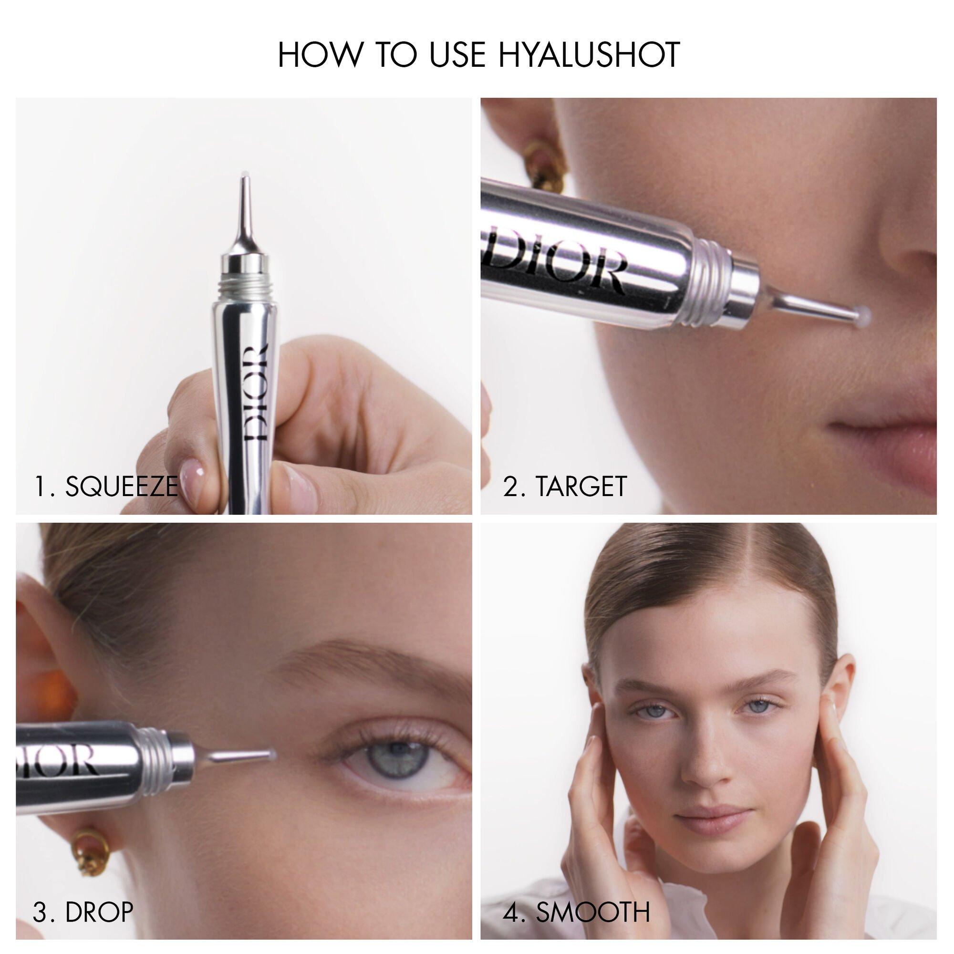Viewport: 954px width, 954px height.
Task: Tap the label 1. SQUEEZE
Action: (105, 487)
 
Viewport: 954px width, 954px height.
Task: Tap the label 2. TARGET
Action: (564, 487)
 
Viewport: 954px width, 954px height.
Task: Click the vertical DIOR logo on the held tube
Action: (256, 393)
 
